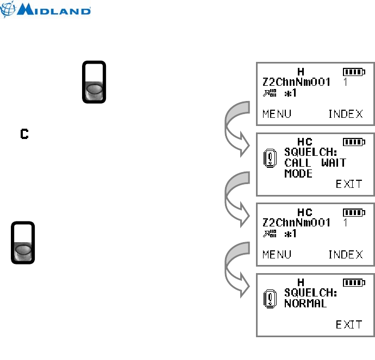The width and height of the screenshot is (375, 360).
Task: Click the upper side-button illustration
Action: tap(94, 82)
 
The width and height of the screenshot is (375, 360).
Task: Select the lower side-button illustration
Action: tap(23, 243)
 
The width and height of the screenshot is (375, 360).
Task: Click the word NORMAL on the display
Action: tap(305, 304)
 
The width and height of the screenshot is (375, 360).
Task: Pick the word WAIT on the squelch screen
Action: tap(333, 163)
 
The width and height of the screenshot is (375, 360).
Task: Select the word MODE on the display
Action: tap(298, 174)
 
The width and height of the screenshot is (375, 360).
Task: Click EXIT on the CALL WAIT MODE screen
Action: tap(349, 184)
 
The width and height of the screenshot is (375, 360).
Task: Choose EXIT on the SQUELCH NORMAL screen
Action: tap(349, 325)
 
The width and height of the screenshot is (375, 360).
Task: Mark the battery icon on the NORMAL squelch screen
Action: tap(354, 282)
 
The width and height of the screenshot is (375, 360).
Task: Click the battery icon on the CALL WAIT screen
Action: tap(354, 142)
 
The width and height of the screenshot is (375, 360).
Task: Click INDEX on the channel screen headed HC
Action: tap(346, 254)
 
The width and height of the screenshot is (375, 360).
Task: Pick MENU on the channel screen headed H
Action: tap(277, 113)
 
